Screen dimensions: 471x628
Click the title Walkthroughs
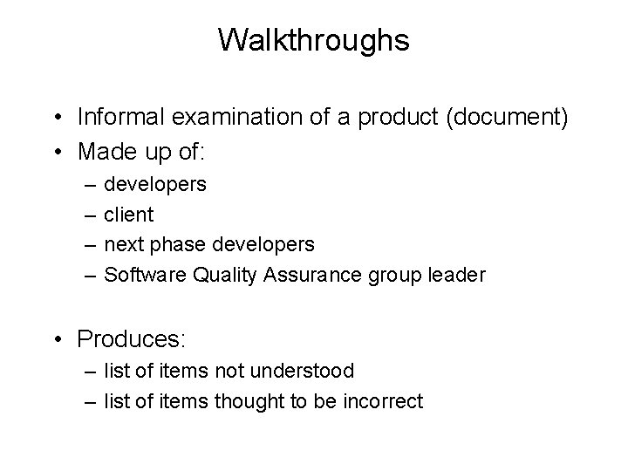[x=314, y=40]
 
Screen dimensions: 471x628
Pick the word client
[x=128, y=214]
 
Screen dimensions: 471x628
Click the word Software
[x=140, y=275]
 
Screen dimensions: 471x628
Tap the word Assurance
[x=304, y=275]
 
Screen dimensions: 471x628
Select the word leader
[x=457, y=275]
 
